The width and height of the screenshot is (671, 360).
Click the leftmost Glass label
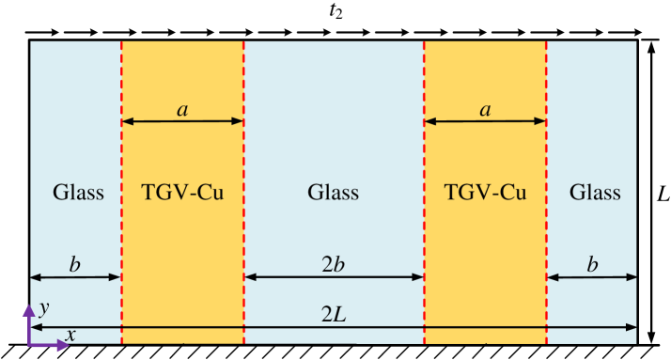(78, 194)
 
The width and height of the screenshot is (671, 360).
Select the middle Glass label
(334, 194)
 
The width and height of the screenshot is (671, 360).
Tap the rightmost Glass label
(595, 194)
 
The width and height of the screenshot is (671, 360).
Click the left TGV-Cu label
(183, 194)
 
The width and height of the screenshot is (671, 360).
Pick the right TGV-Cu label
(485, 194)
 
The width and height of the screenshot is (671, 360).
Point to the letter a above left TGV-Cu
(182, 110)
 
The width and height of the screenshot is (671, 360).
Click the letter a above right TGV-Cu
(485, 110)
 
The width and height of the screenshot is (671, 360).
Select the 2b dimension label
(334, 264)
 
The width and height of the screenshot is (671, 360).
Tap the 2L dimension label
(334, 316)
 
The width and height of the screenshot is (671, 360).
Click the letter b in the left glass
(75, 264)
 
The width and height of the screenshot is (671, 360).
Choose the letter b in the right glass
(592, 264)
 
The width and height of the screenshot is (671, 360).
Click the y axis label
(43, 308)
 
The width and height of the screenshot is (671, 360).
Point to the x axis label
(70, 335)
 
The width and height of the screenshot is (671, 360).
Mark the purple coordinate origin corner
(30, 345)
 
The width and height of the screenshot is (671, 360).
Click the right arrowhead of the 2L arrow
(633, 327)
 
